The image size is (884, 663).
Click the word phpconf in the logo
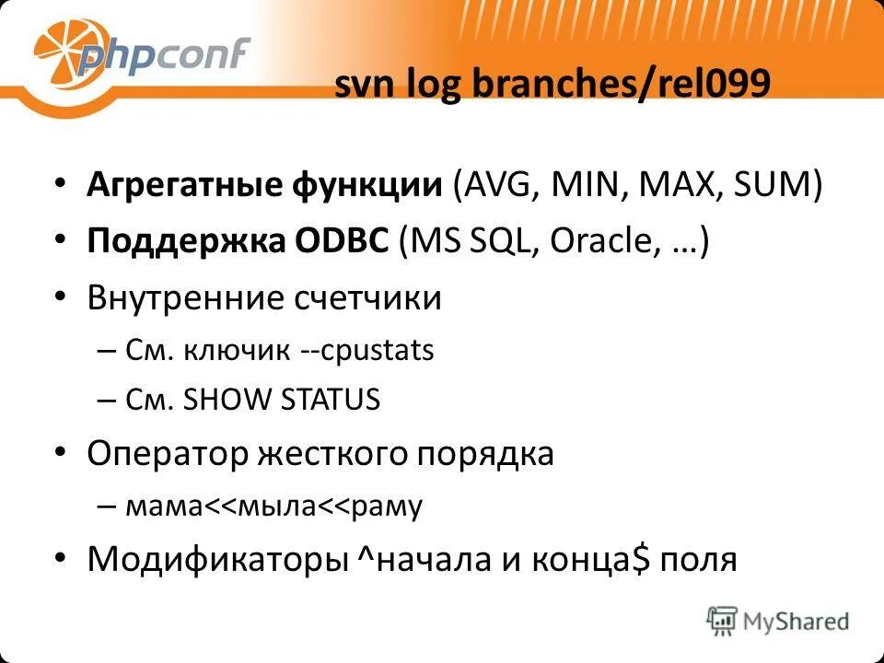pyautogui.click(x=163, y=56)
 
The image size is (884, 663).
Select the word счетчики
pyautogui.click(x=368, y=298)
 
